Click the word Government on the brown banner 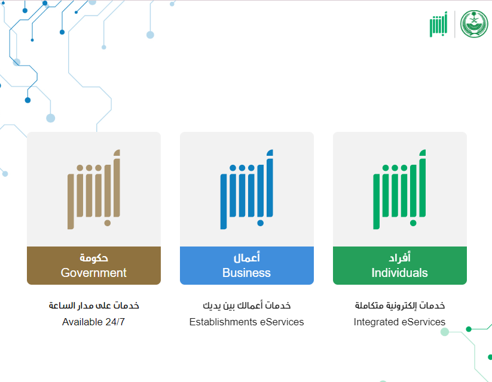93,273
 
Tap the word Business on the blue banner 247,273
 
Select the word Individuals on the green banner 399,273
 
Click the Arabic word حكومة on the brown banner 93,258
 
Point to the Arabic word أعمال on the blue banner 247,257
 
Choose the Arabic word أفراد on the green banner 399,257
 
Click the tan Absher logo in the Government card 94,189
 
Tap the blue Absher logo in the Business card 247,189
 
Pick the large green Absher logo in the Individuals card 399,189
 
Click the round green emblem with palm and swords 474,24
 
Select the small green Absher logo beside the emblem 438,24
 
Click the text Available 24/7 93,322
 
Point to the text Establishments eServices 247,322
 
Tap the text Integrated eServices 399,322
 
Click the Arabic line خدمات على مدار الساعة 93,305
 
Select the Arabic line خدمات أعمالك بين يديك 247,305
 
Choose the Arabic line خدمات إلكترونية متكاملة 399,305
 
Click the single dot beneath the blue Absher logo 261,223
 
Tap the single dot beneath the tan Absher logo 108,223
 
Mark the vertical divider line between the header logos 455,24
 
